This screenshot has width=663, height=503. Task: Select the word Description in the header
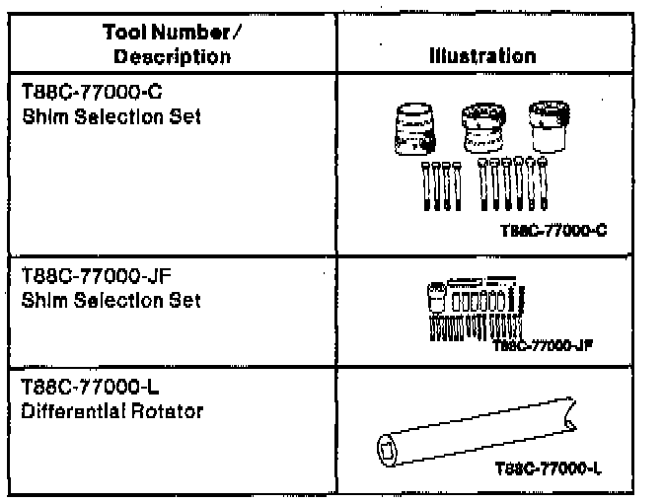coord(172,57)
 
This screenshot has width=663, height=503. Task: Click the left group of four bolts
coord(434,183)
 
